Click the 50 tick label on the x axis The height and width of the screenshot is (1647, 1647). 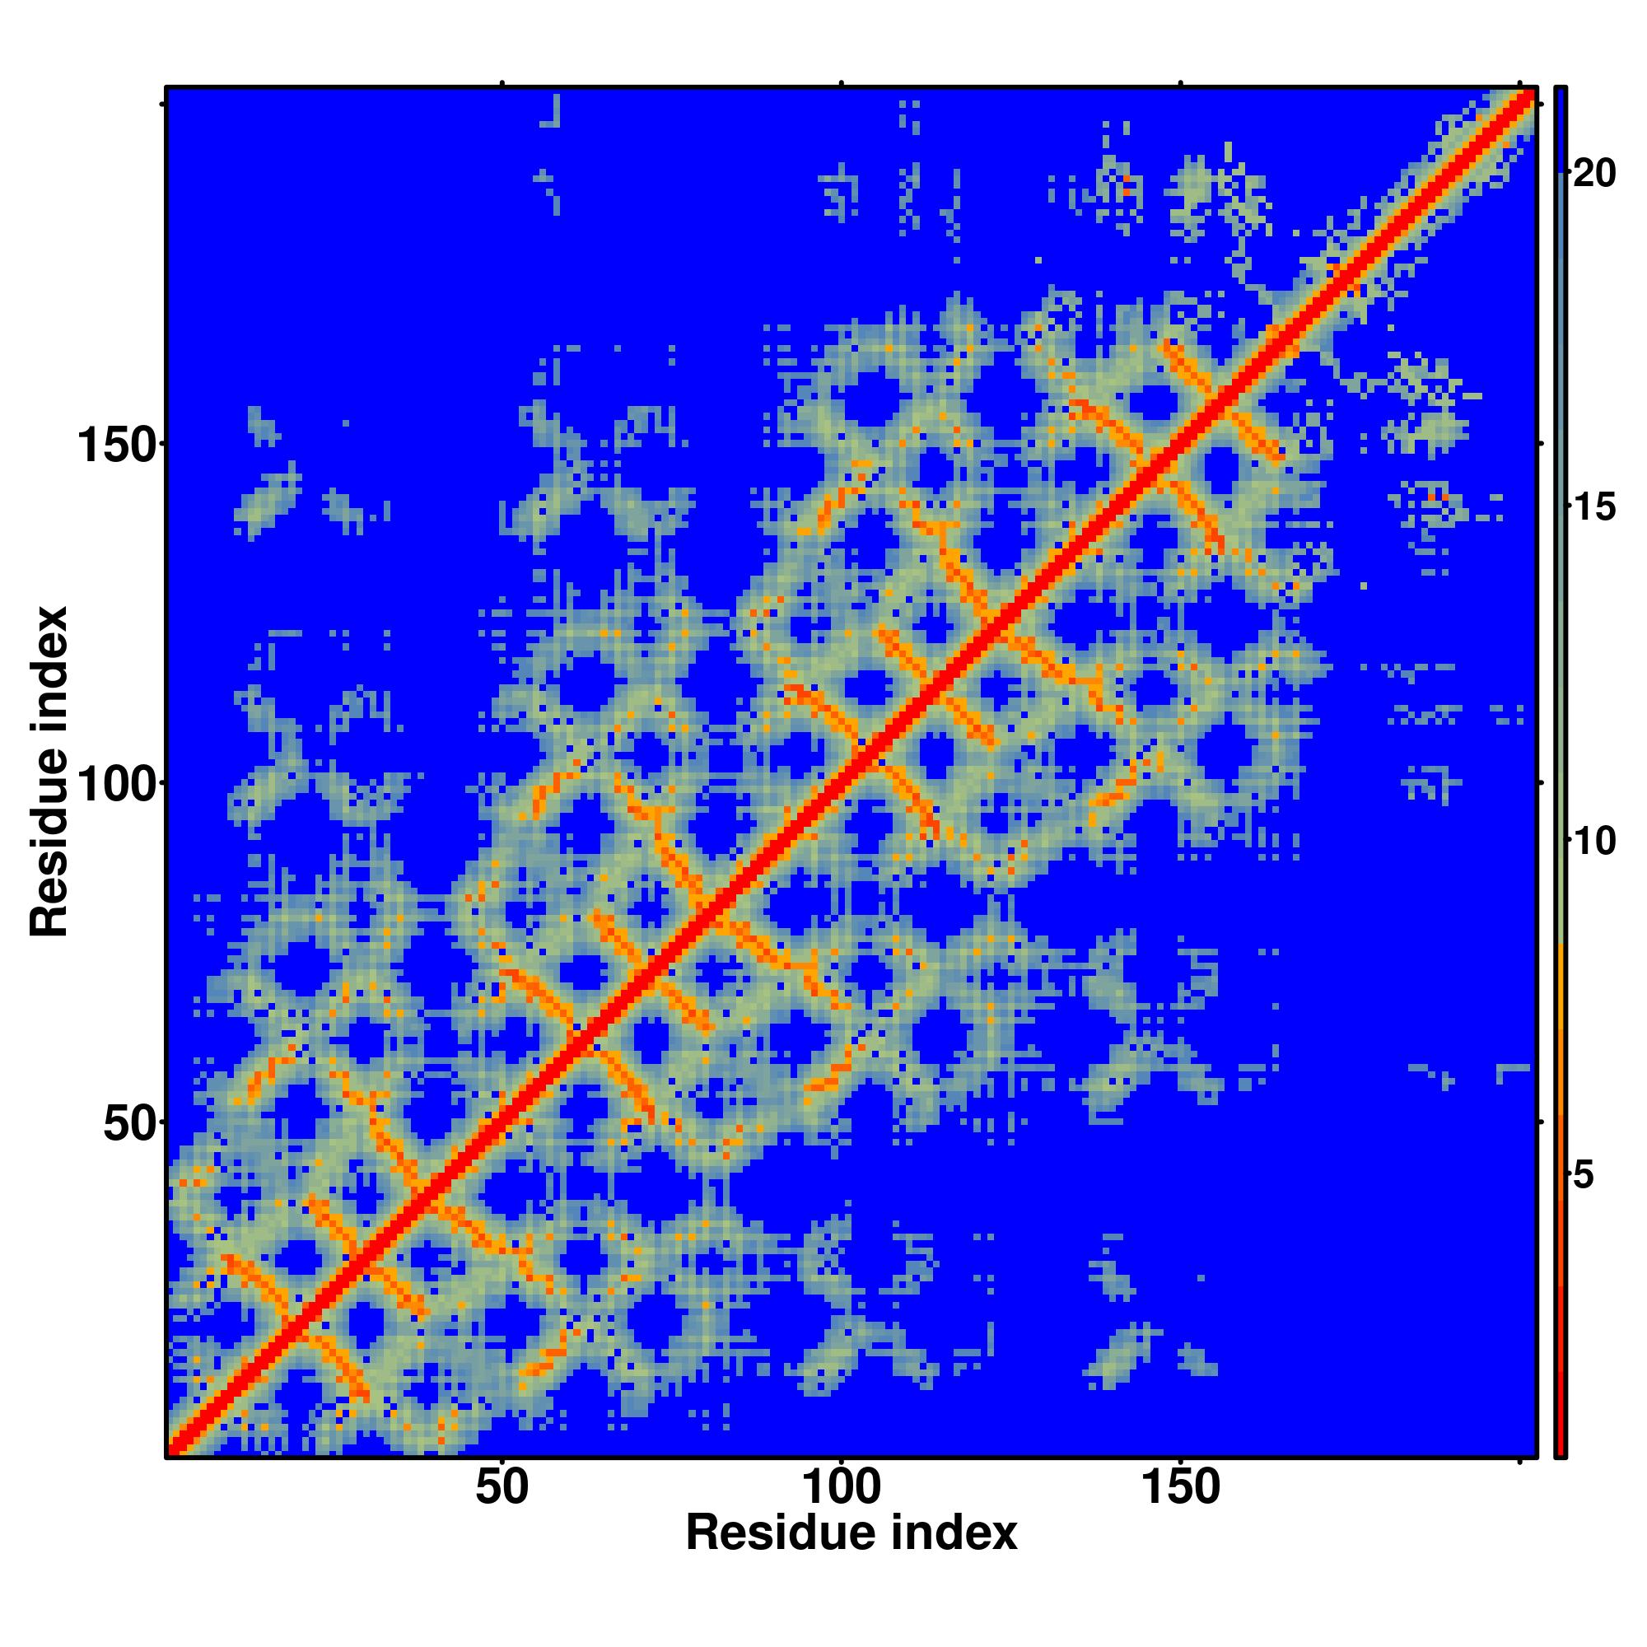(502, 1488)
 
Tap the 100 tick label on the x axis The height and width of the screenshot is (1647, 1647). (841, 1488)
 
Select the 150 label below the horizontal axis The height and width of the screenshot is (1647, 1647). (1180, 1488)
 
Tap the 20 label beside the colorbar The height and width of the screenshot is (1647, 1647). (1593, 174)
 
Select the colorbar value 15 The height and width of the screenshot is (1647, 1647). (1593, 508)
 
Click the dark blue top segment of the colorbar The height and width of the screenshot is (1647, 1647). (1560, 128)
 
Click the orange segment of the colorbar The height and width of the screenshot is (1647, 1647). (1560, 1006)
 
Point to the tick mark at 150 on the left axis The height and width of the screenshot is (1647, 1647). (161, 444)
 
